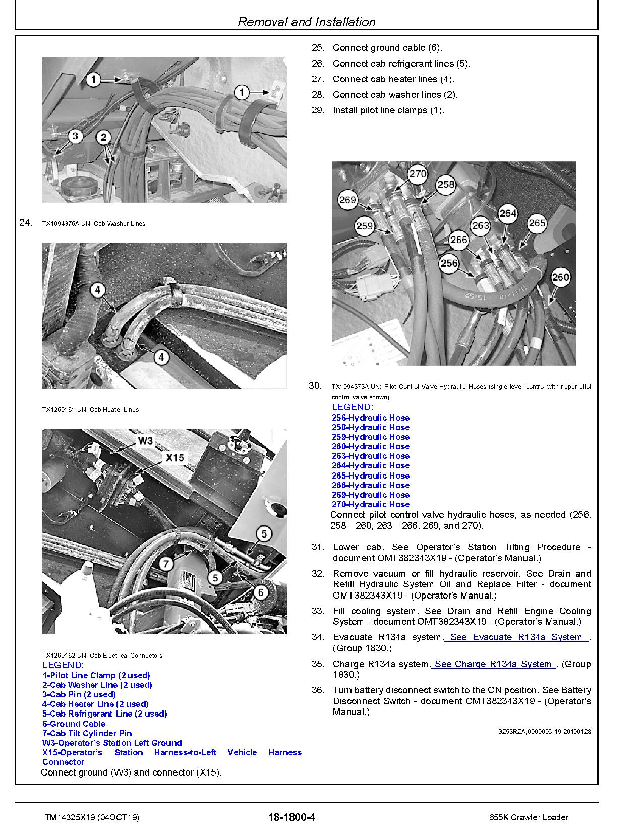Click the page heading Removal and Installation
pyautogui.click(x=306, y=22)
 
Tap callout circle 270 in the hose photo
pyautogui.click(x=417, y=174)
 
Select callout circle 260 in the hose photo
pyautogui.click(x=560, y=277)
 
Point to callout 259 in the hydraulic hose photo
pyautogui.click(x=364, y=226)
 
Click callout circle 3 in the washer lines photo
pyautogui.click(x=75, y=136)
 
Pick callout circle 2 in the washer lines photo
pyautogui.click(x=103, y=137)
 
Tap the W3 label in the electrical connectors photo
pyautogui.click(x=145, y=441)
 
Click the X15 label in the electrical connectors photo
pyautogui.click(x=174, y=458)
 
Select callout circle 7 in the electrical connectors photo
pyautogui.click(x=166, y=563)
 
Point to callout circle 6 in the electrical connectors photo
pyautogui.click(x=260, y=592)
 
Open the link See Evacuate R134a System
pyautogui.click(x=516, y=637)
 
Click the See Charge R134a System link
pyautogui.click(x=493, y=664)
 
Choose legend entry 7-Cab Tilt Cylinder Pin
pyautogui.click(x=87, y=733)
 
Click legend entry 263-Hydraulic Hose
pyautogui.click(x=370, y=456)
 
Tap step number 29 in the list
pyautogui.click(x=318, y=110)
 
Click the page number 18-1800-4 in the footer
pyautogui.click(x=292, y=817)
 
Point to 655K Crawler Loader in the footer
pyautogui.click(x=528, y=817)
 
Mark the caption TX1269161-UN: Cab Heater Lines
pyautogui.click(x=90, y=410)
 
